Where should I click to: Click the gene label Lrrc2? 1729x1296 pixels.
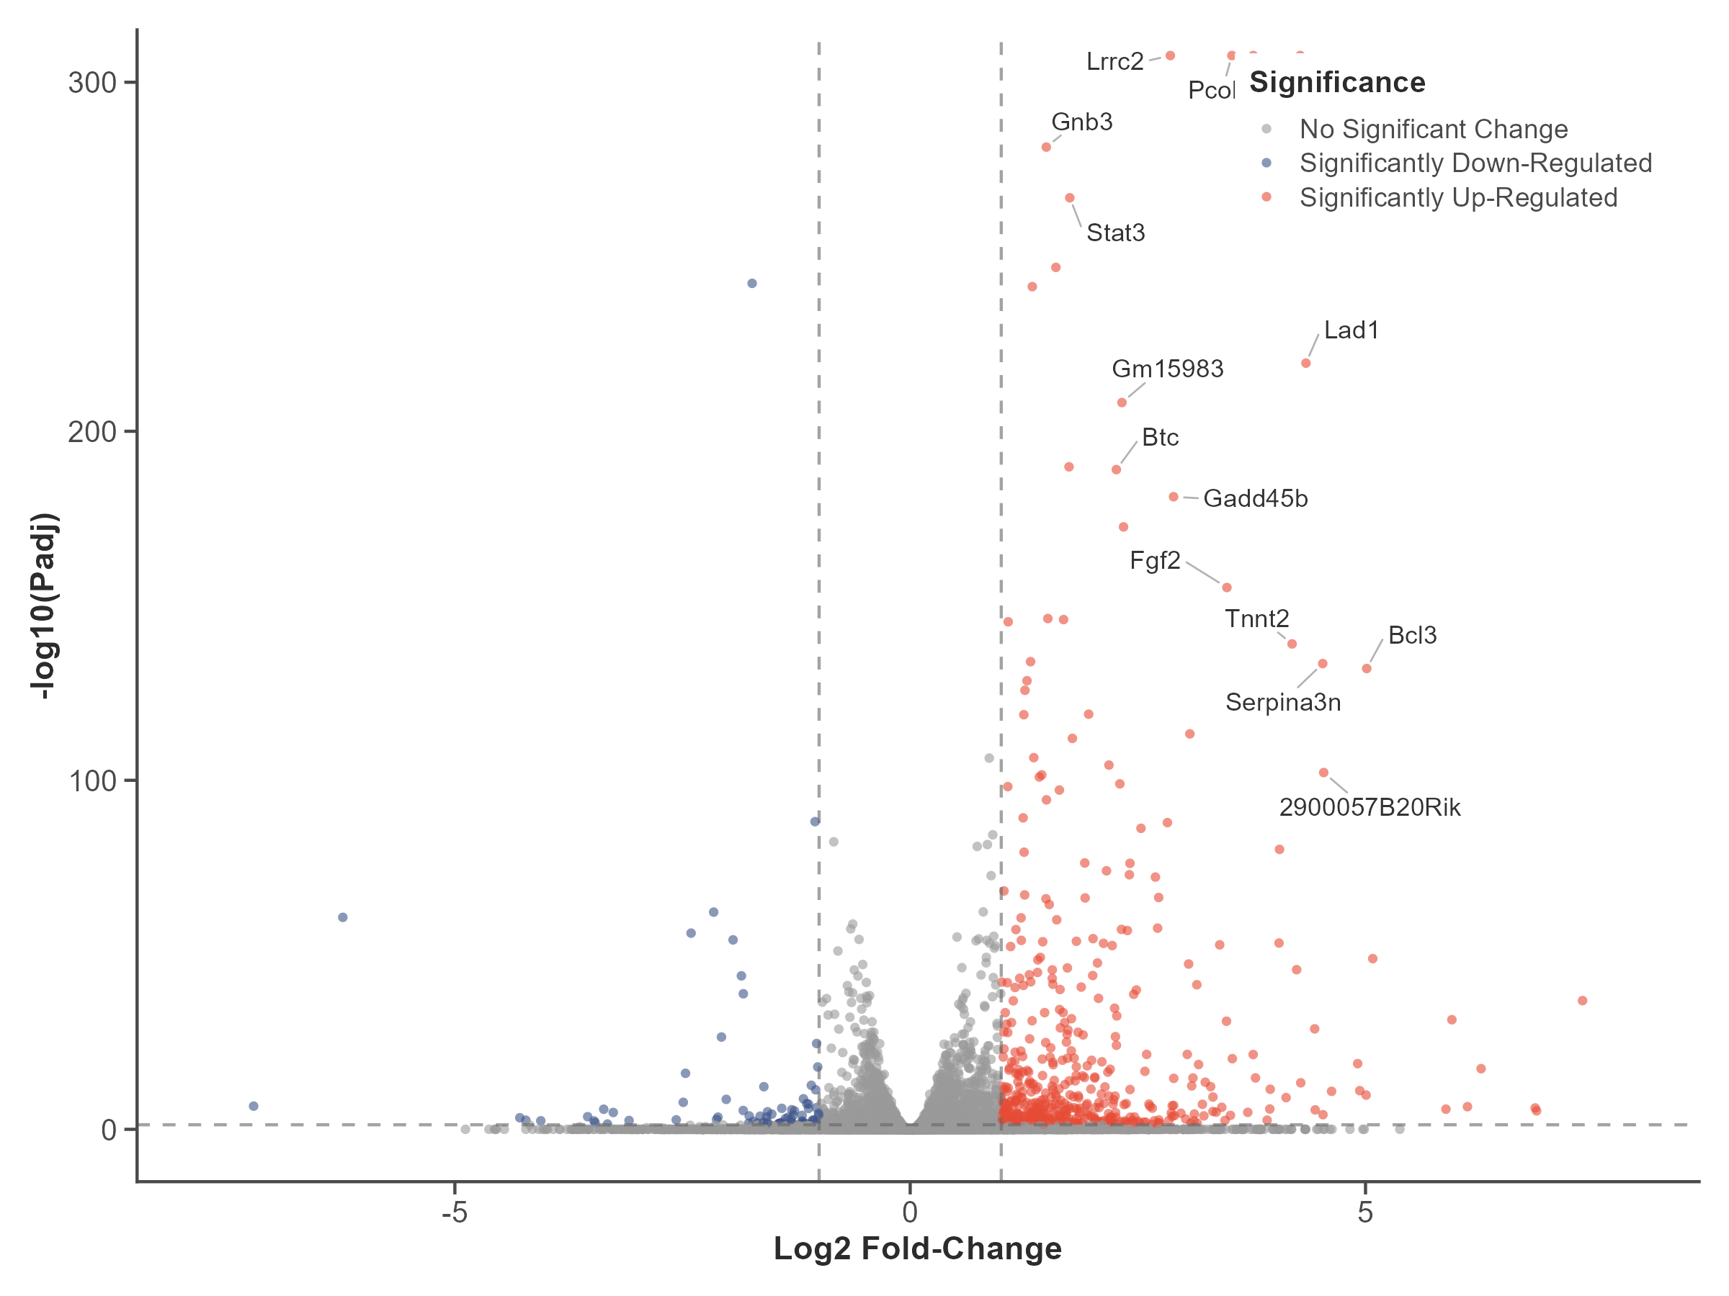tap(1114, 62)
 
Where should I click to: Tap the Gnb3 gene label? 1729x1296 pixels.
tap(1082, 122)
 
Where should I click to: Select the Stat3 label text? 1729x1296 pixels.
tap(1115, 233)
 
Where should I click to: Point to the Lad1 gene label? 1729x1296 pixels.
tap(1352, 330)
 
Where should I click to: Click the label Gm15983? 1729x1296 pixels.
tap(1168, 369)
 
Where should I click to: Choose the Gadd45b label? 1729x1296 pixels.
tap(1255, 498)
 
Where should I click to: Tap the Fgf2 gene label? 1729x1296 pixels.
tap(1155, 560)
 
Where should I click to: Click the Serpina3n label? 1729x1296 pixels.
tap(1282, 702)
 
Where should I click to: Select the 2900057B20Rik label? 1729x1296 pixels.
tap(1370, 807)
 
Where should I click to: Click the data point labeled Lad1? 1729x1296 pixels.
tap(1305, 364)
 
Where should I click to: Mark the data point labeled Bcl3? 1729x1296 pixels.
tap(1367, 669)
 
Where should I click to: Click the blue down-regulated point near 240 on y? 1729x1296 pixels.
tap(752, 284)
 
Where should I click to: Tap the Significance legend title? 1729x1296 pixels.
tap(1337, 83)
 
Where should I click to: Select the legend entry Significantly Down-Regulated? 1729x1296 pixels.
tap(1475, 163)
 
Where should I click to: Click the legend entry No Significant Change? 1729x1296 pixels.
tap(1434, 129)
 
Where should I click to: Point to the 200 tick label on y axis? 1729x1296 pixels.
tap(91, 432)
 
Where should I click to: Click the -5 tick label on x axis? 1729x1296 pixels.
tap(454, 1212)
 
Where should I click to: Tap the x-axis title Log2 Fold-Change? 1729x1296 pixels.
tap(918, 1249)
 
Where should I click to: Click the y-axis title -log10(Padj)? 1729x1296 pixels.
tap(45, 606)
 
